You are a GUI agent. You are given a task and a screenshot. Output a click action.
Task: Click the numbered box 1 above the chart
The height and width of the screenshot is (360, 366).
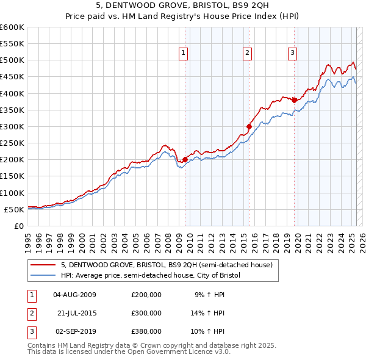coord(184,54)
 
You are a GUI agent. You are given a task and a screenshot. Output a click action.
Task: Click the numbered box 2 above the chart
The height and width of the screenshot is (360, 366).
coord(247,54)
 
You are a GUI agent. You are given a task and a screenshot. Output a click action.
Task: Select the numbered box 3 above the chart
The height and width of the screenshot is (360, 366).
coord(292,54)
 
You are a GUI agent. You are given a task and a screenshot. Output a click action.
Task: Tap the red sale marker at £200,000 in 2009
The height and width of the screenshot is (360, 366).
coord(185,160)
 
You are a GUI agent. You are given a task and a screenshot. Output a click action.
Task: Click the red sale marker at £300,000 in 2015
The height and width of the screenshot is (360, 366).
coord(249,127)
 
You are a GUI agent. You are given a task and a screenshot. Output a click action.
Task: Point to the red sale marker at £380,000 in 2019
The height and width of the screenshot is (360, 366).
coord(294,100)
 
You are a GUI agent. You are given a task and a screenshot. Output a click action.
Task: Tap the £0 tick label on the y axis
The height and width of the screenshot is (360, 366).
coord(19,226)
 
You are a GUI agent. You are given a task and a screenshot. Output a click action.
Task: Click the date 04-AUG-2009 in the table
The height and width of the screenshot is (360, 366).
coord(74,295)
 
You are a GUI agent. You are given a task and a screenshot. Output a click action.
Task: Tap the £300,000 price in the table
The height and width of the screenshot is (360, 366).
coord(146,313)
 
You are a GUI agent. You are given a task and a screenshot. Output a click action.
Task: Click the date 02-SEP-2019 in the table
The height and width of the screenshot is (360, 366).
coord(74,331)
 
